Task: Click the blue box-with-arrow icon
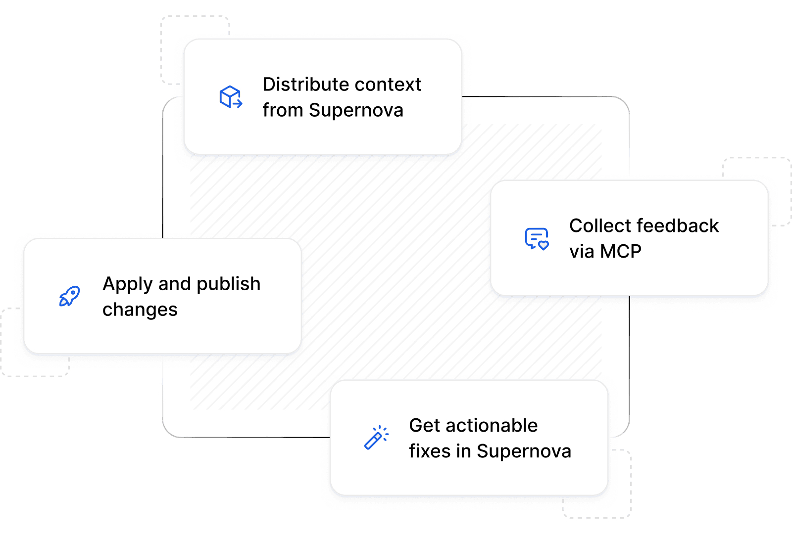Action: pyautogui.click(x=231, y=96)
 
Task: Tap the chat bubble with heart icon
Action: pyautogui.click(x=537, y=239)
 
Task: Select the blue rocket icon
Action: pyautogui.click(x=70, y=296)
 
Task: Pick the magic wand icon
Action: pyautogui.click(x=377, y=437)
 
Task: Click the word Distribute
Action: pyautogui.click(x=306, y=85)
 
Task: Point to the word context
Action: pyautogui.click(x=388, y=85)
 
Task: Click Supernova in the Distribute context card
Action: pyautogui.click(x=356, y=111)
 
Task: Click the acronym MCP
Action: pyautogui.click(x=621, y=252)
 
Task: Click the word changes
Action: pyautogui.click(x=140, y=310)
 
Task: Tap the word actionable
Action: pyautogui.click(x=492, y=425)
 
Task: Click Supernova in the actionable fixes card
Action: pyautogui.click(x=524, y=451)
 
